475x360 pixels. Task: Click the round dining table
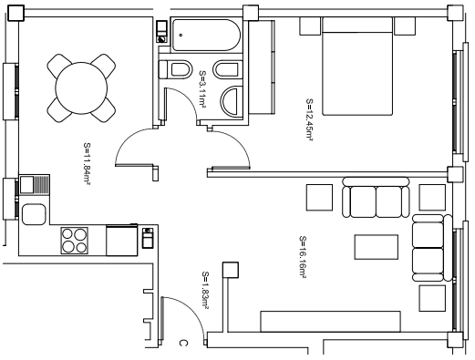[81, 88]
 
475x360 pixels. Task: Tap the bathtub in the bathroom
[206, 35]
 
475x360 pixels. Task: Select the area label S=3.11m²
[202, 89]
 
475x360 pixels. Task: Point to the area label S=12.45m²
[309, 119]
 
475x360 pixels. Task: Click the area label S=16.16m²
[303, 257]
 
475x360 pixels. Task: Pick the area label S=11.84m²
[87, 164]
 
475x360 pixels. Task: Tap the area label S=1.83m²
[205, 291]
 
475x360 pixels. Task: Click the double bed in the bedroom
[357, 67]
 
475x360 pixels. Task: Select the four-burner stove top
[75, 241]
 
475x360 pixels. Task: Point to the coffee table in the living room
[377, 247]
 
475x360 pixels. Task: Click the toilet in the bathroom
[176, 69]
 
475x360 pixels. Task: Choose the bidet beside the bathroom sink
[228, 69]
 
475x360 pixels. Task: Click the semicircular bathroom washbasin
[232, 101]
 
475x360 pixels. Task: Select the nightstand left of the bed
[310, 26]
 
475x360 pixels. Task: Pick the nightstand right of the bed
[405, 26]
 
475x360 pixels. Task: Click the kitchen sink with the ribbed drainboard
[35, 184]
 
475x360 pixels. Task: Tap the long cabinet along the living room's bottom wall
[330, 322]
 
